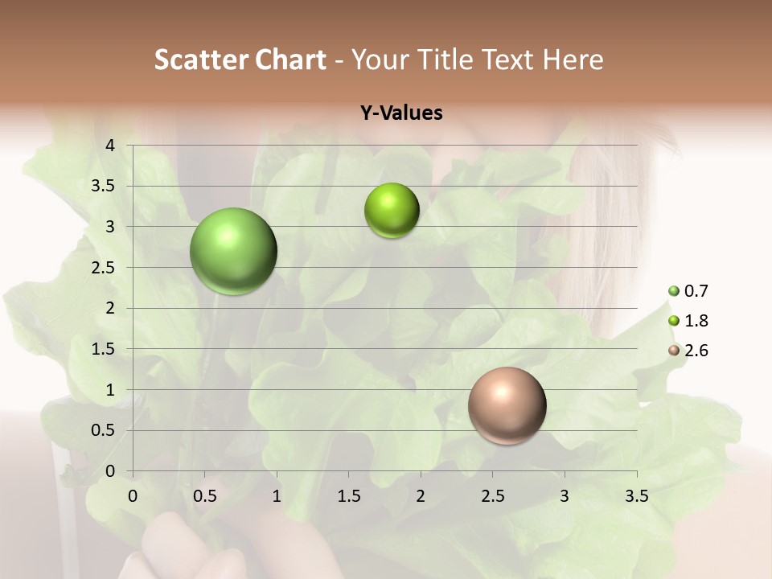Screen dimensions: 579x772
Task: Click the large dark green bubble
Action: point(233,251)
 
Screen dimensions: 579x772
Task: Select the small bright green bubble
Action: point(392,211)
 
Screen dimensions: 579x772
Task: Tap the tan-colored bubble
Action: point(507,405)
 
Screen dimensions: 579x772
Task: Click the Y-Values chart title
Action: point(400,113)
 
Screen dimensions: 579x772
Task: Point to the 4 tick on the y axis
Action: point(110,146)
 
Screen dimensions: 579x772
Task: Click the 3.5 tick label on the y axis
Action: point(104,186)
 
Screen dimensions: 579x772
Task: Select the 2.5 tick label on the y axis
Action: point(104,267)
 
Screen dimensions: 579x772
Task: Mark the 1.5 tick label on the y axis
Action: point(104,349)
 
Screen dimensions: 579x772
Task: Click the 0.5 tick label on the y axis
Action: point(104,430)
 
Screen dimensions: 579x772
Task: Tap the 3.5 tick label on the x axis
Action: point(636,496)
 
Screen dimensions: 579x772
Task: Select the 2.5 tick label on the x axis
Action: point(492,496)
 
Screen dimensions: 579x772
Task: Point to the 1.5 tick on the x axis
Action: point(348,496)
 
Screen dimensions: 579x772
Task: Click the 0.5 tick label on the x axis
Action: point(204,496)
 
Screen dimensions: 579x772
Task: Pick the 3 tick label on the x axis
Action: point(565,496)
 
